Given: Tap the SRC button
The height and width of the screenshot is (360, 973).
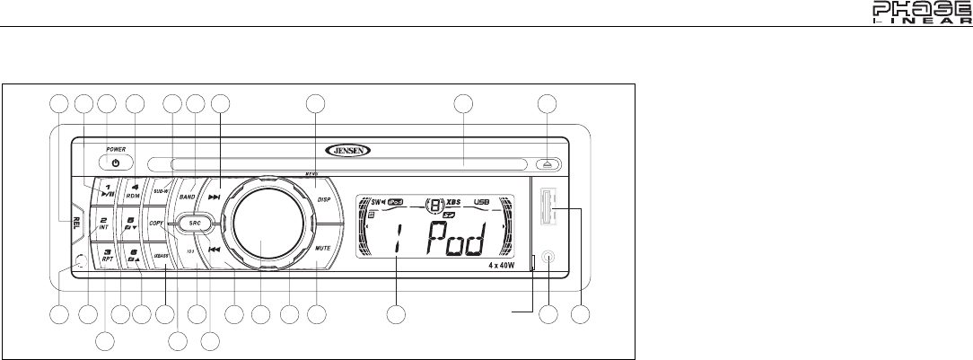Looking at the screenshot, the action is pyautogui.click(x=194, y=221).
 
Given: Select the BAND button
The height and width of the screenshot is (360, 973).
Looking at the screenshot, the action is pyautogui.click(x=188, y=195).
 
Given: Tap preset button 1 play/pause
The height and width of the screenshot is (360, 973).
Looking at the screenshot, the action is pyautogui.click(x=107, y=189).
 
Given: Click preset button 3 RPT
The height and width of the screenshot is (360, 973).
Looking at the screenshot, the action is pyautogui.click(x=107, y=256).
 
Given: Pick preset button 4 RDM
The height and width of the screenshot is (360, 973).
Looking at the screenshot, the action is pyautogui.click(x=135, y=190).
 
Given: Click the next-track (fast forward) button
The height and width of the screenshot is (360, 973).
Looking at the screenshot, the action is pyautogui.click(x=215, y=196).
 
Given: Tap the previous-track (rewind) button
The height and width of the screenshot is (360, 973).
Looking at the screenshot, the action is pyautogui.click(x=215, y=250).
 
